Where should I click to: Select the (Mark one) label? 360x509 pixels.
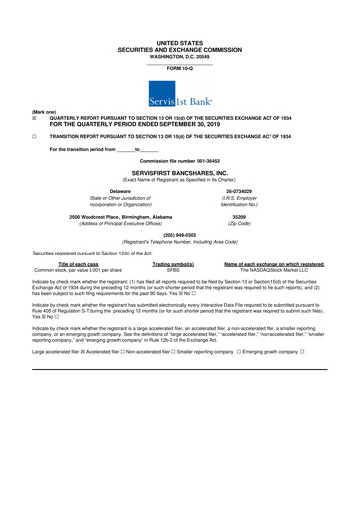(x=19, y=112)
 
